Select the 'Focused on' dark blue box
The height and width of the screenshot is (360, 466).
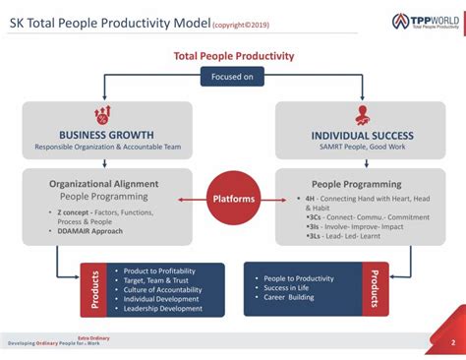click(233, 76)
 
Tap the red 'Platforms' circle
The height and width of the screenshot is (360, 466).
click(233, 199)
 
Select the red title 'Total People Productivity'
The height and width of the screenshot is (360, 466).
click(233, 56)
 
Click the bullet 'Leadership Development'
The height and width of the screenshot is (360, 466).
click(163, 309)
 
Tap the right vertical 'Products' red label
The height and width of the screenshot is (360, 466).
click(374, 289)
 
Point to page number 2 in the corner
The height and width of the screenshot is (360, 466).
click(451, 343)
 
